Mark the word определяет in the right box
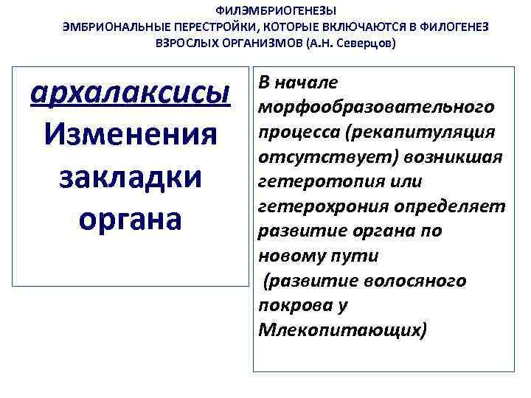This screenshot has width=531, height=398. [448, 206]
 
